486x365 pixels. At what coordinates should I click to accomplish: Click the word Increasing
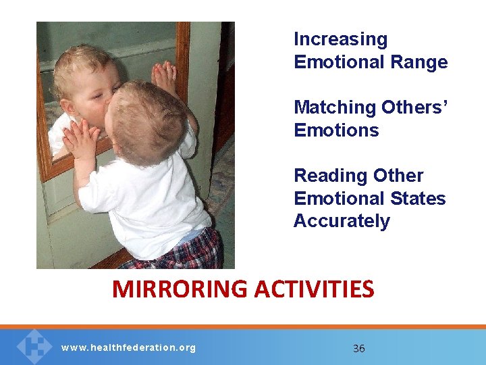click(340, 40)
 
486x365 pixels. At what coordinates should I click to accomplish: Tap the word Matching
click(335, 107)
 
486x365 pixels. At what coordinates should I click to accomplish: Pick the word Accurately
click(342, 221)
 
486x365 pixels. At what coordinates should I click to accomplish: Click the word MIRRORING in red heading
click(180, 289)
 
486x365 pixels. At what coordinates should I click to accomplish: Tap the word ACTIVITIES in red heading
click(314, 289)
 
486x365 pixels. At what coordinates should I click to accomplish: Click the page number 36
click(359, 349)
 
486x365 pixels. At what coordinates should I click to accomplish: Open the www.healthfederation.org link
click(128, 348)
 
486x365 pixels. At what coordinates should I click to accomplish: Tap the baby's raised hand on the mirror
click(163, 76)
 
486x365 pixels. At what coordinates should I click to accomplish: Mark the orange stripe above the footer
click(243, 326)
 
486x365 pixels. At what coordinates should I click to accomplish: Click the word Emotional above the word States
click(335, 199)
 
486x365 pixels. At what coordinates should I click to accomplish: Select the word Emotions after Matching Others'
click(336, 130)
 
